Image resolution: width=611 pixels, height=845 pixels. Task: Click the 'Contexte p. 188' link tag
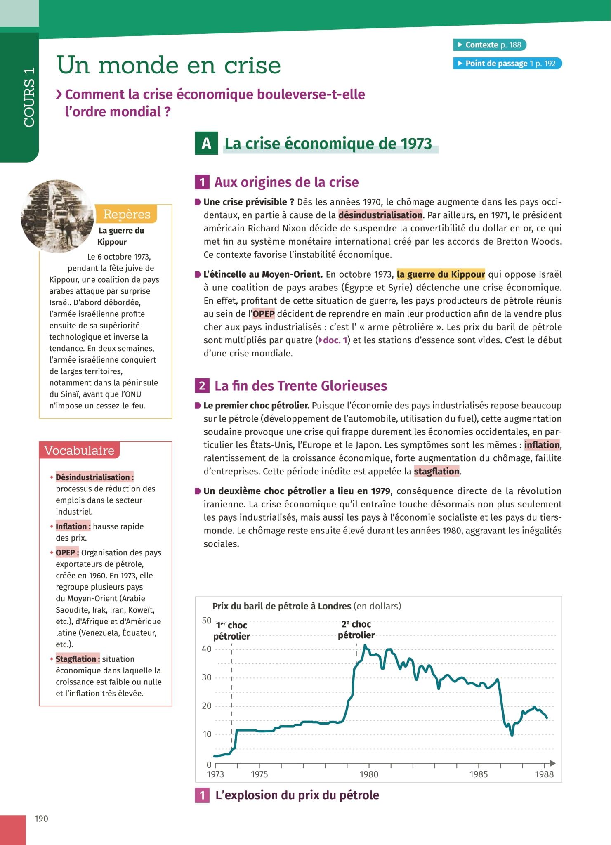point(489,45)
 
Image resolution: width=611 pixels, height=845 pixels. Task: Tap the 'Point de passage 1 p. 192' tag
point(507,64)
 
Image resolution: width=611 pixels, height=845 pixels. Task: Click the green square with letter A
point(206,144)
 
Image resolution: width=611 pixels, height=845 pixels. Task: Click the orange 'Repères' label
point(126,214)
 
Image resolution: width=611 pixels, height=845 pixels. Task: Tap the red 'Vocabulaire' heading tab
point(79,450)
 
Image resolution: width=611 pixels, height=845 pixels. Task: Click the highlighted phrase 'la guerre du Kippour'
point(441,274)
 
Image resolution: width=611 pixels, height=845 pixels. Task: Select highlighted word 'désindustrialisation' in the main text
point(380,215)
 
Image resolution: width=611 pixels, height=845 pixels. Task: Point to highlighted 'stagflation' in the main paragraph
point(436,471)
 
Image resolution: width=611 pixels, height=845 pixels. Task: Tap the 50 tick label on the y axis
point(206,621)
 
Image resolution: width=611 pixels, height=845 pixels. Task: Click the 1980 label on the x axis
point(368,774)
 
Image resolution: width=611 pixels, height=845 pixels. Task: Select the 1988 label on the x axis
point(544,774)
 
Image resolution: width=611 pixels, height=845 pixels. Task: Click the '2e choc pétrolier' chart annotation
point(356,630)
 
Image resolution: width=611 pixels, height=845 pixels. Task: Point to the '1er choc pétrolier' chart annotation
point(231,631)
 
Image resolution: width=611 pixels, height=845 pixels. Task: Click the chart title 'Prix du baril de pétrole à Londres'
point(281,606)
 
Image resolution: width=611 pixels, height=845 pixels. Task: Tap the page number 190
point(41,819)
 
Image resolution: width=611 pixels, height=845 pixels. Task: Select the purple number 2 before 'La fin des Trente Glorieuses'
point(202,386)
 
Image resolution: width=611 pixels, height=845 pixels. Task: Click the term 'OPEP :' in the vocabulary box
point(67,552)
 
